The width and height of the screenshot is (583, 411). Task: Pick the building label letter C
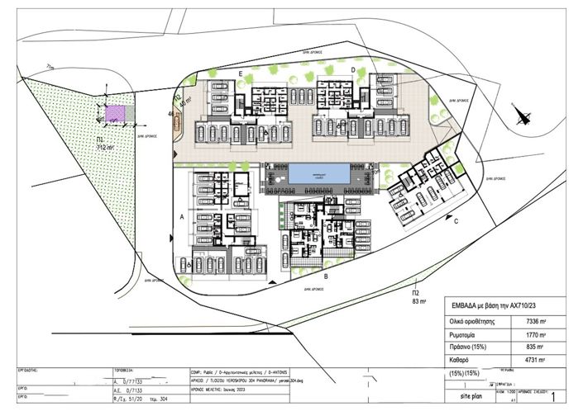click(456, 220)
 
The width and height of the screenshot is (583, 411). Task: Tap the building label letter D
click(352, 70)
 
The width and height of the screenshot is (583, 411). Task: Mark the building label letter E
click(241, 74)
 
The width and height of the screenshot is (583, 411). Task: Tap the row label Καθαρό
click(459, 360)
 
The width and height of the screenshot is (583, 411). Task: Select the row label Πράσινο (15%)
click(468, 346)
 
